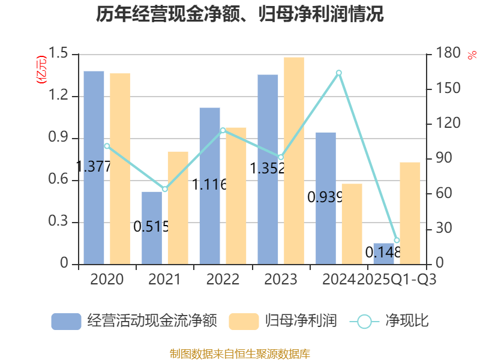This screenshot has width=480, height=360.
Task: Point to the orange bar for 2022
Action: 236,196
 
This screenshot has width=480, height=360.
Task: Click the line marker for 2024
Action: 339,73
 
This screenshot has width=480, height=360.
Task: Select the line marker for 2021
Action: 165,189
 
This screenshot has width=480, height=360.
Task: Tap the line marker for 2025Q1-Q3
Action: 397,240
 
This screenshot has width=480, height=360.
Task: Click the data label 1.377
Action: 94,167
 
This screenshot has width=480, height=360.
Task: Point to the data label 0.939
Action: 325,197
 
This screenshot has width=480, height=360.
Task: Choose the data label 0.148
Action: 383,253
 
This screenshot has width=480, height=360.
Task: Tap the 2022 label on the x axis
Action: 222,280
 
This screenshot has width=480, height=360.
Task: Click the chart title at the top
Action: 240,14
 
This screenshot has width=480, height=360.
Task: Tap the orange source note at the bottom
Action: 240,353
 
